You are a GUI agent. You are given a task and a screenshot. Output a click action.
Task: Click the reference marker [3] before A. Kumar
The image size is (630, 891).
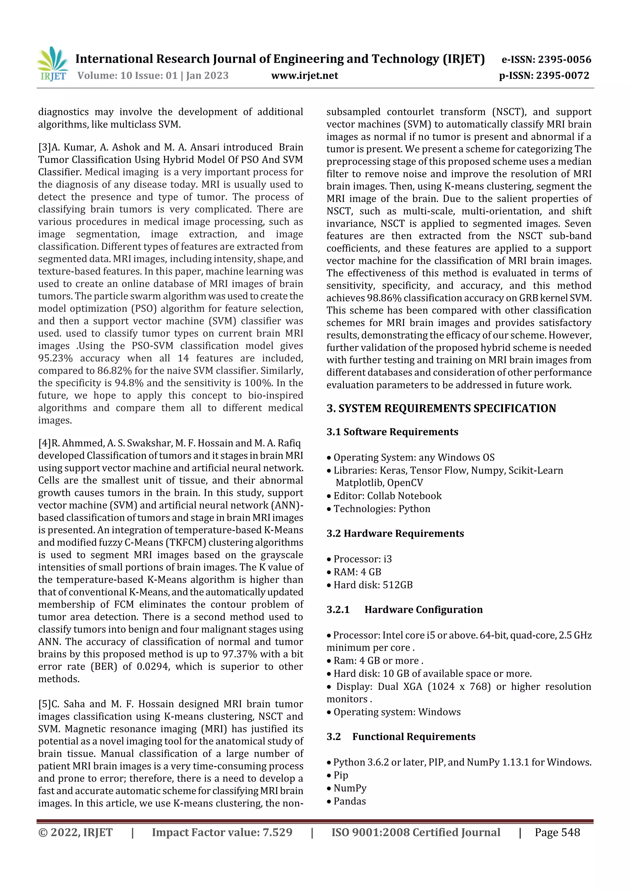[45, 147]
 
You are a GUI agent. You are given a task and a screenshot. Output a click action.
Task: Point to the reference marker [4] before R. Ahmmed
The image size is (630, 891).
[45, 443]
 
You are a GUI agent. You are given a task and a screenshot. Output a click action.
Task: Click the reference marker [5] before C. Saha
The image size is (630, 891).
[45, 704]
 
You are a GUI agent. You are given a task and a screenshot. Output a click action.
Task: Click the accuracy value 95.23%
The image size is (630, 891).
[55, 358]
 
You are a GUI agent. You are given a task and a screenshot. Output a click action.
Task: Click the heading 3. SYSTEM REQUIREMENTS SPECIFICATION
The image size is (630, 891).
[441, 408]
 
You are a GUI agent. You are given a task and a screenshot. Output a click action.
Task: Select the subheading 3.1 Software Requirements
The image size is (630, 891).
[392, 432]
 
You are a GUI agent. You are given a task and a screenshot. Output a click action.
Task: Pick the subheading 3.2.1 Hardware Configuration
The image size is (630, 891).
[405, 610]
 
